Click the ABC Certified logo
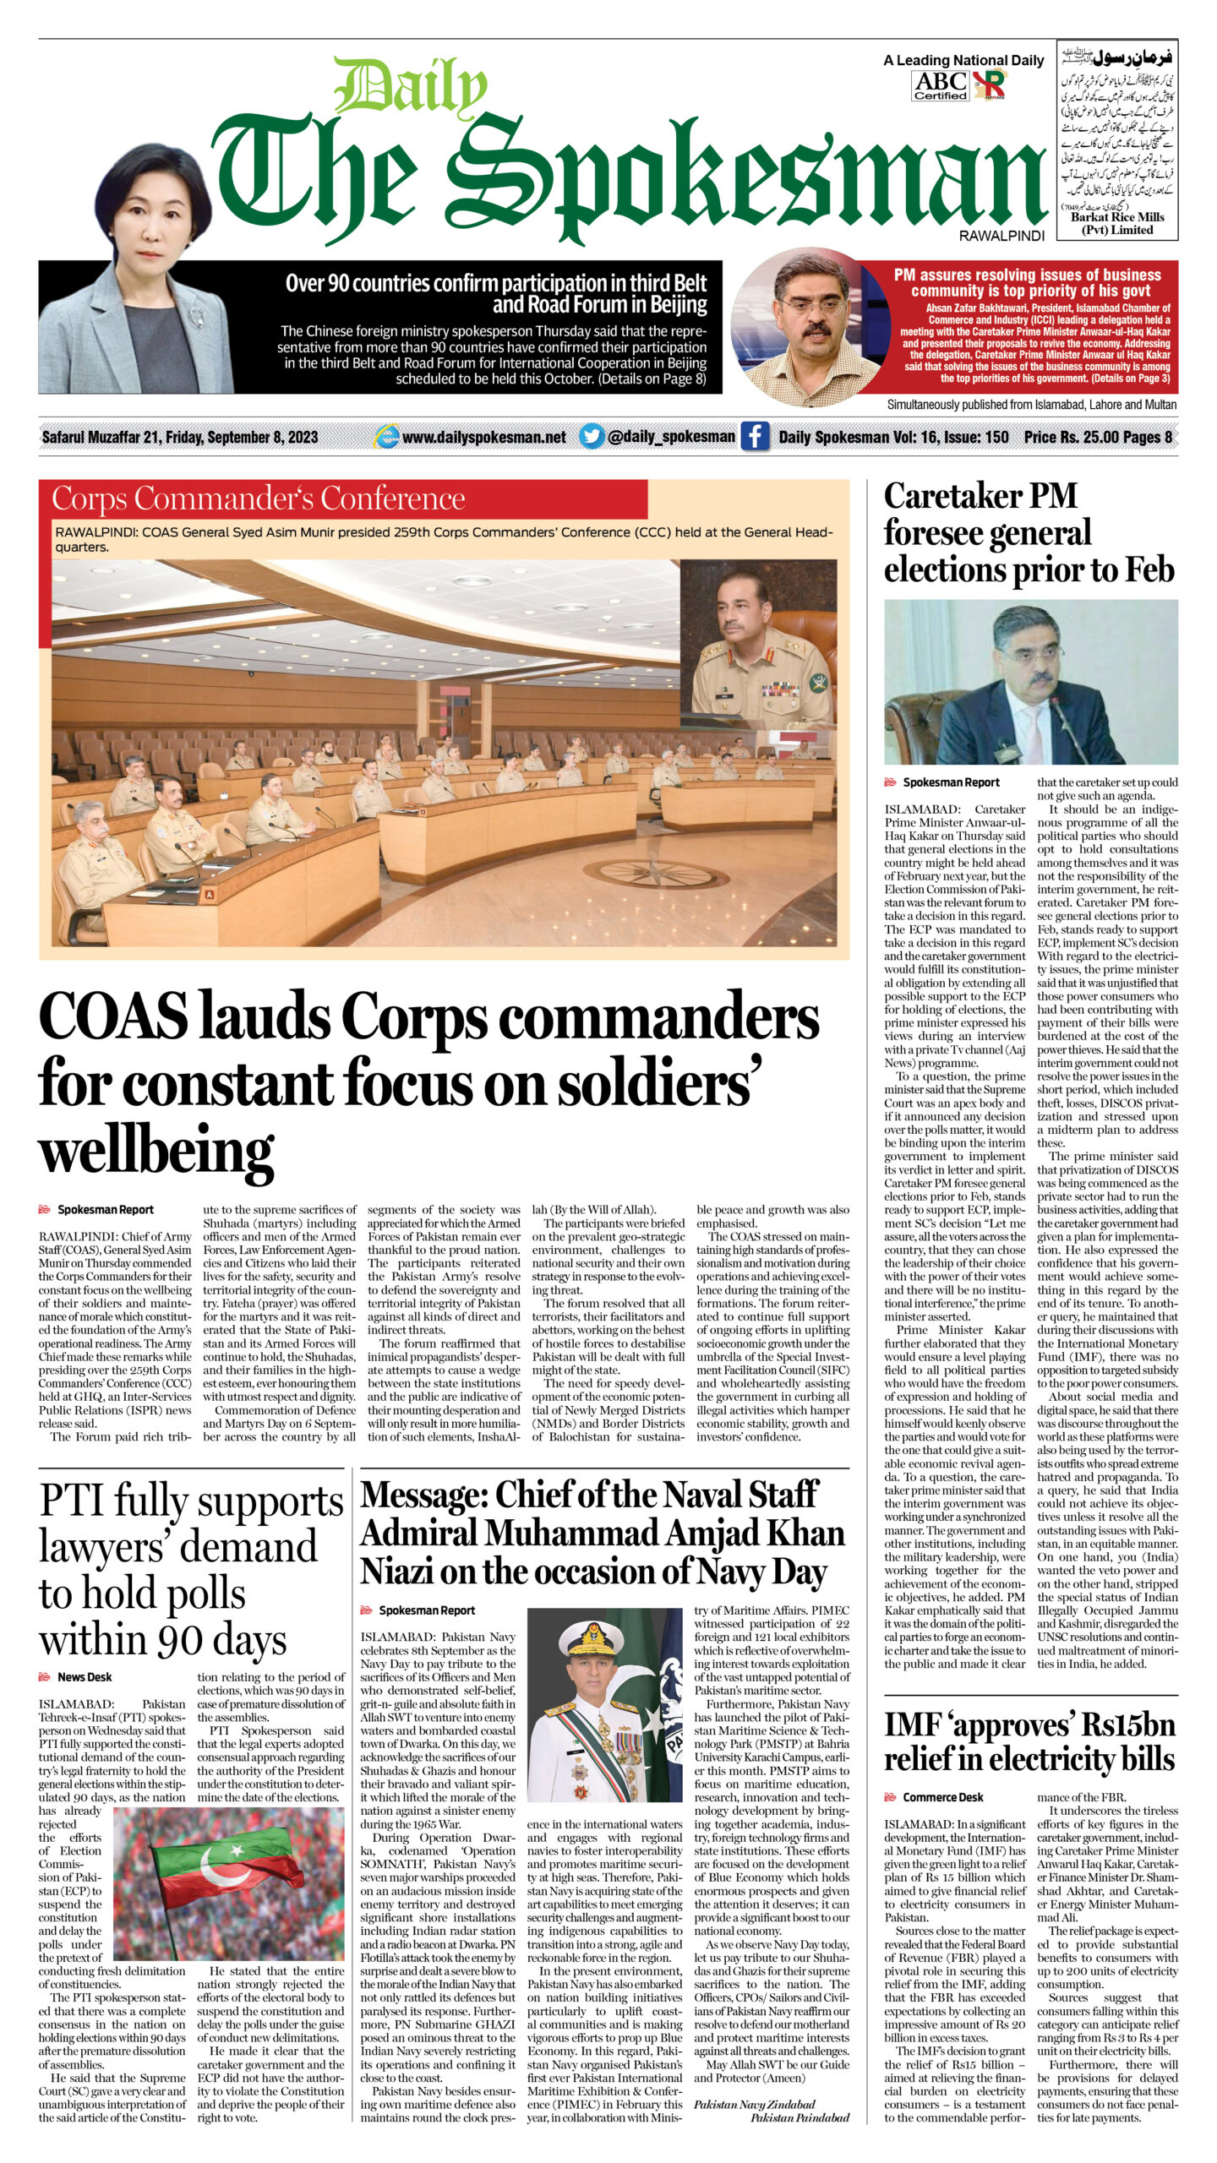click(x=940, y=85)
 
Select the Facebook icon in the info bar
click(x=755, y=436)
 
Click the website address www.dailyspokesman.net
click(x=483, y=437)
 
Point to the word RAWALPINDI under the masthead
click(x=1001, y=237)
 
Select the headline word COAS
click(x=113, y=1016)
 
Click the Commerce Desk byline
click(x=943, y=1796)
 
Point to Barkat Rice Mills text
click(x=1117, y=223)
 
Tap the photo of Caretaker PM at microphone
click(x=1030, y=682)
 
